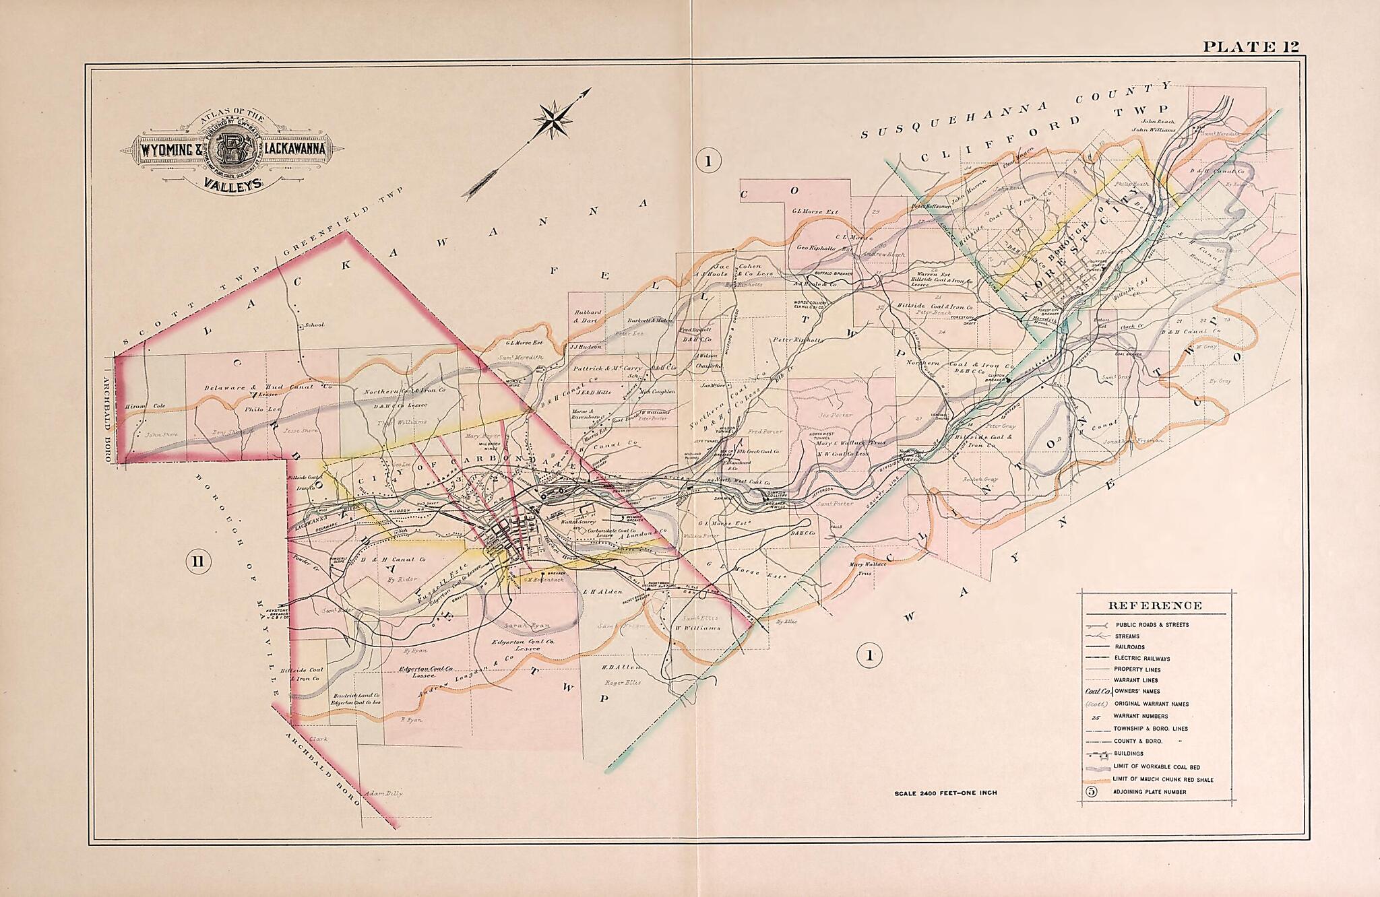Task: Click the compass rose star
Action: pyautogui.click(x=553, y=122)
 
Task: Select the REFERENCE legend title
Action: pyautogui.click(x=1154, y=605)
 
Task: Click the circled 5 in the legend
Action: pyautogui.click(x=1092, y=791)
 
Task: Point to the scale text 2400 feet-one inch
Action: pyautogui.click(x=945, y=793)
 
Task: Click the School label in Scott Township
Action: pyautogui.click(x=313, y=325)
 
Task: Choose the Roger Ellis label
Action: pyautogui.click(x=621, y=682)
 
